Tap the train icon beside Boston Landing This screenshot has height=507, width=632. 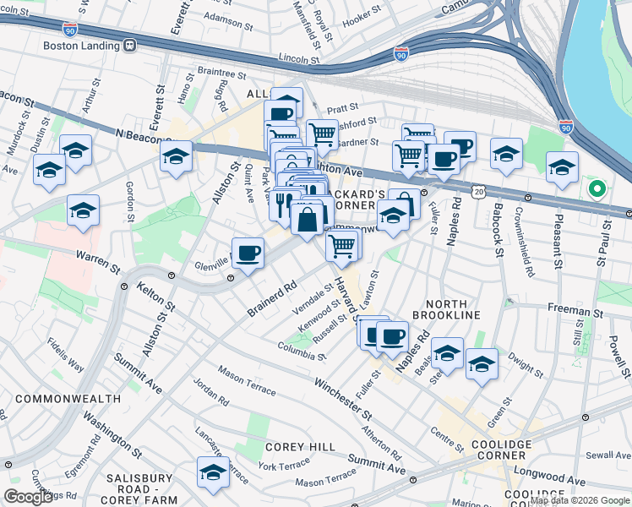pos(129,46)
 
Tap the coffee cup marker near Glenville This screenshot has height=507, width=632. pos(248,253)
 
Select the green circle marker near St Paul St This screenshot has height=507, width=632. pos(598,188)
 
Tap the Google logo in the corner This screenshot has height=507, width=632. pos(28,497)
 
